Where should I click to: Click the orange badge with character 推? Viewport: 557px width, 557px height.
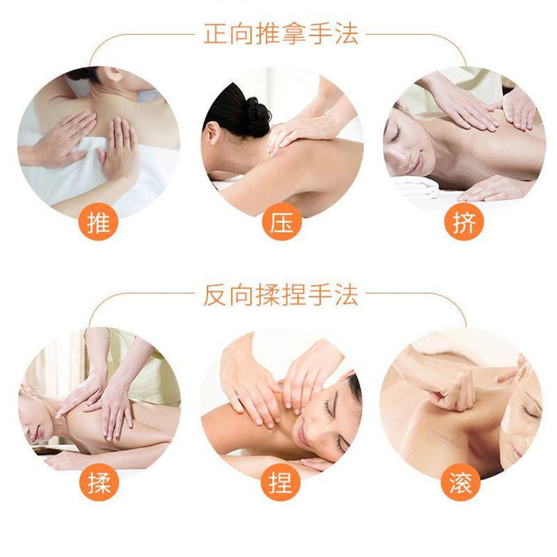(x=99, y=222)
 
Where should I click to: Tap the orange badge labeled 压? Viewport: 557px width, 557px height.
(x=281, y=222)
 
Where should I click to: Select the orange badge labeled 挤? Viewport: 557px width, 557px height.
(x=463, y=222)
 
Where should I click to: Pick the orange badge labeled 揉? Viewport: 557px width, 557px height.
(x=99, y=482)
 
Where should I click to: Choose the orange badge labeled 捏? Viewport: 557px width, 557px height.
(x=281, y=482)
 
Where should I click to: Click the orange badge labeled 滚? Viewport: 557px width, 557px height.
(x=463, y=482)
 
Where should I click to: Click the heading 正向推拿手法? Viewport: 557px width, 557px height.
(x=281, y=34)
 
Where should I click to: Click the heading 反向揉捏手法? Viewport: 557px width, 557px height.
(x=281, y=295)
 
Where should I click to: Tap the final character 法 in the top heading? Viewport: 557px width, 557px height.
(x=347, y=34)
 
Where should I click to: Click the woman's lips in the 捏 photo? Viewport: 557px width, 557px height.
(x=304, y=437)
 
